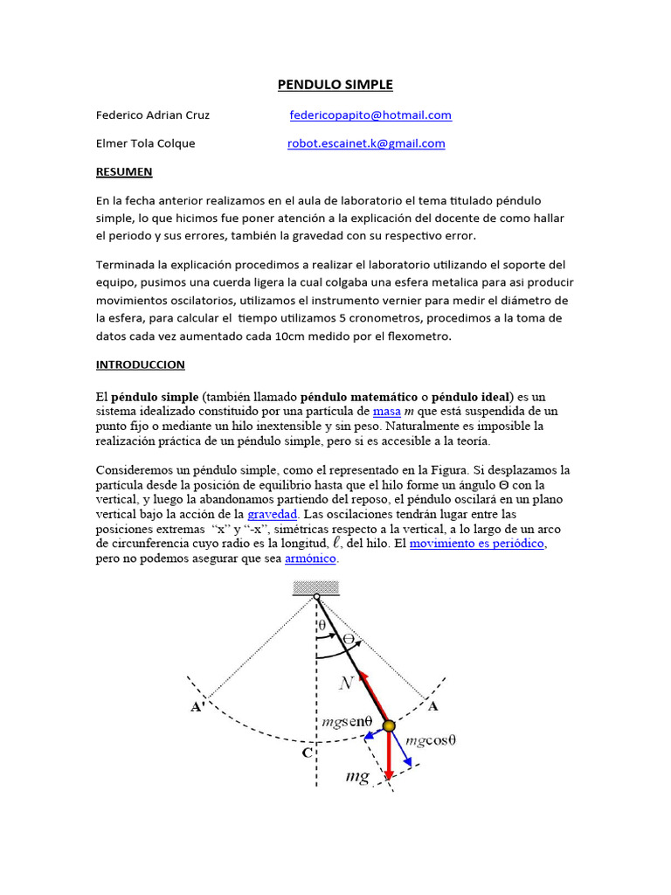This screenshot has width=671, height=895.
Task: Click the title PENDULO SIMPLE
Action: coord(335,85)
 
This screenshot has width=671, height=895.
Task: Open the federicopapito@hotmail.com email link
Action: coord(370,114)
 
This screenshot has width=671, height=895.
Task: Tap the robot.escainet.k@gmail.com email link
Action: coord(366,143)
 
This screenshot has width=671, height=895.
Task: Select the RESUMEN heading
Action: coord(124,172)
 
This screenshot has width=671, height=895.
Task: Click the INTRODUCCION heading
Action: coord(140,364)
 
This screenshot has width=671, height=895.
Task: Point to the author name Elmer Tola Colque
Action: coord(145,143)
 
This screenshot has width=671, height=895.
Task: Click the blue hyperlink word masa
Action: coord(386,411)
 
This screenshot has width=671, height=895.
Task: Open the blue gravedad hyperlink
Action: coord(273,514)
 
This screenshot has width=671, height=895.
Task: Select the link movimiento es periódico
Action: coord(477,544)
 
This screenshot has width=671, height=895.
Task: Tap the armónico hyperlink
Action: coord(311,559)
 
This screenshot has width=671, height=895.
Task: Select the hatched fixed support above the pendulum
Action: coord(315,588)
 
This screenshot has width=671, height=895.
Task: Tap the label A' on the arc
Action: coord(197,707)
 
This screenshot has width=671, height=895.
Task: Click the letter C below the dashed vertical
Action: coord(306,752)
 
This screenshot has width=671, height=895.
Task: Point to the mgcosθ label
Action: coord(432,740)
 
